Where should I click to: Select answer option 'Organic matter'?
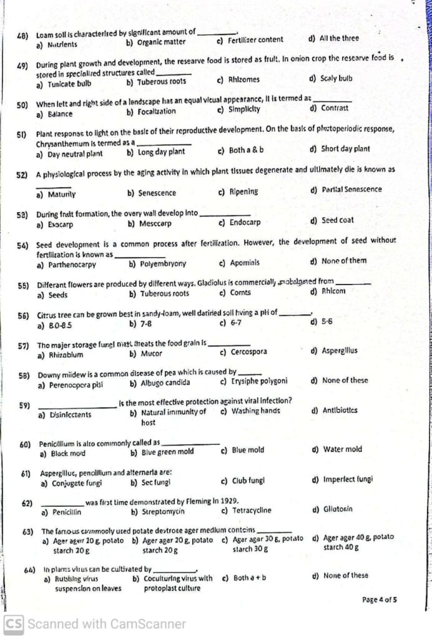point(161,42)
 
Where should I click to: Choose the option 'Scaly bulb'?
point(336,79)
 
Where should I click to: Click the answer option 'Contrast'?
point(335,108)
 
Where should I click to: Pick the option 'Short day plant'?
point(345,149)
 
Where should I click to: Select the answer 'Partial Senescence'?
point(350,190)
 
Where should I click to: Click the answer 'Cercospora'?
point(248,352)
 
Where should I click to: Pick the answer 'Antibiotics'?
point(340,411)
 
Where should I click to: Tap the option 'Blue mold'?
point(248,450)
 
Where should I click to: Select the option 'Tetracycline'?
point(252,510)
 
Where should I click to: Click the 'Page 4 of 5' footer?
point(380,600)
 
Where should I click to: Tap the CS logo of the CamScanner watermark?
point(14,623)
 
